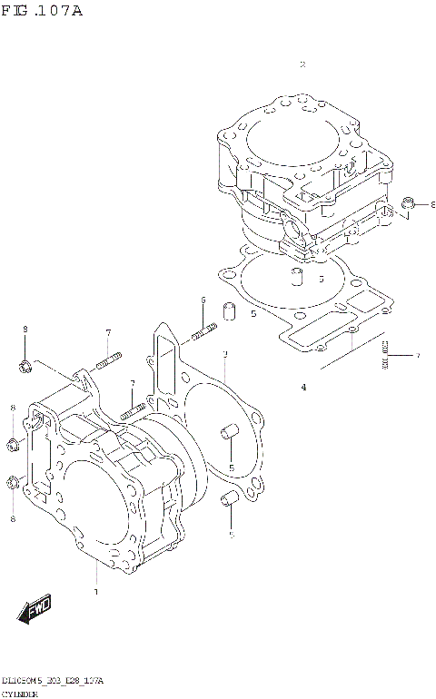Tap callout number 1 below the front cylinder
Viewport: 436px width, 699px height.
[x=95, y=593]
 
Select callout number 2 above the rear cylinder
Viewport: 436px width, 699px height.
[x=302, y=64]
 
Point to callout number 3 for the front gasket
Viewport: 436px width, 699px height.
[x=224, y=354]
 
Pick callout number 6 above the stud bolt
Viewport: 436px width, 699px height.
[x=203, y=300]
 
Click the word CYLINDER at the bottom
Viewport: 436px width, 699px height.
[x=19, y=693]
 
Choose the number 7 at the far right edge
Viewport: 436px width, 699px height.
[x=418, y=355]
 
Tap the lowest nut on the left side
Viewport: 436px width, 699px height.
[x=13, y=482]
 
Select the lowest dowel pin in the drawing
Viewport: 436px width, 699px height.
[x=230, y=497]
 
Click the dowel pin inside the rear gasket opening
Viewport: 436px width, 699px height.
[x=294, y=273]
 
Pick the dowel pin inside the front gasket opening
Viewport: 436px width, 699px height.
[x=229, y=432]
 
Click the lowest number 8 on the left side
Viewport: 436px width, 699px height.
[x=13, y=518]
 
